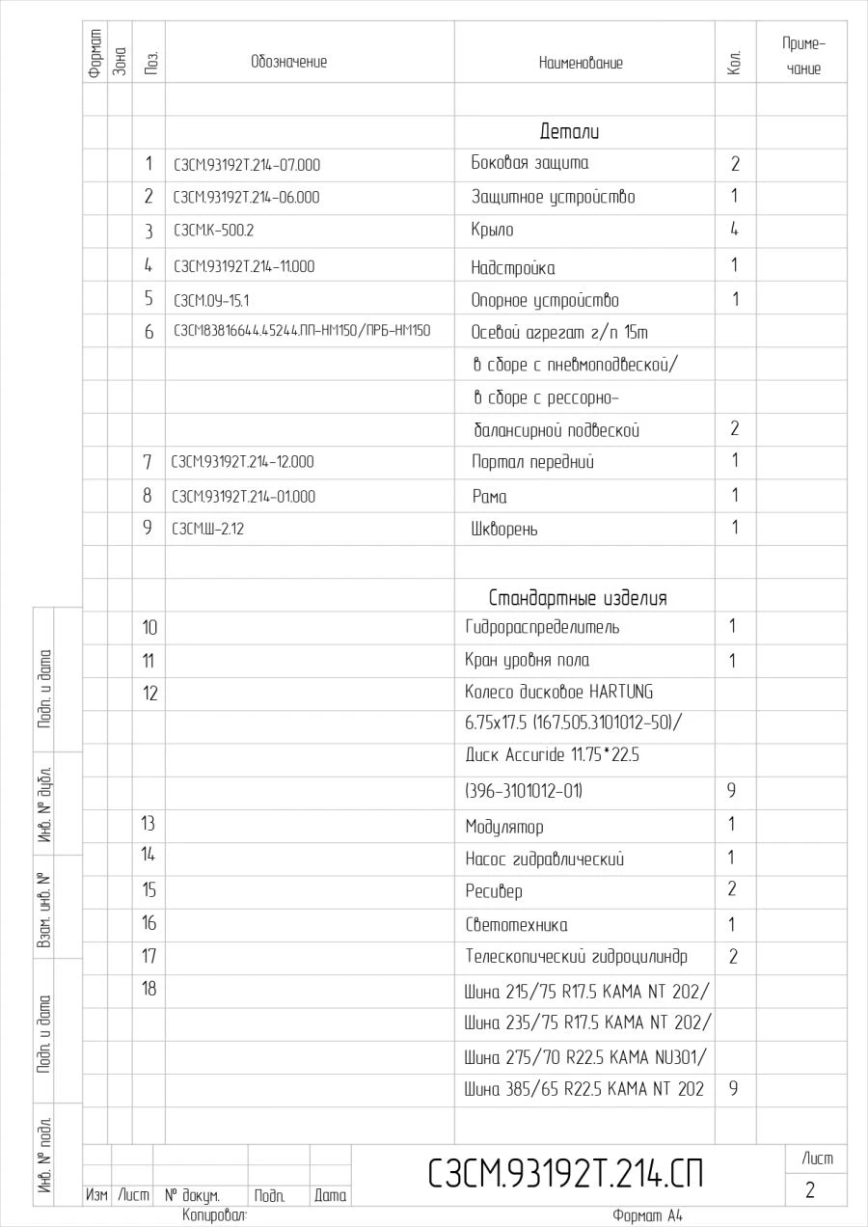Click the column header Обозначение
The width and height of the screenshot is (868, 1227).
pyautogui.click(x=289, y=62)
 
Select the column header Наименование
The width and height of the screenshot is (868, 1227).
pyautogui.click(x=581, y=63)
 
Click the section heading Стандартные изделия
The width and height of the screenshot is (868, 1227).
pyautogui.click(x=578, y=598)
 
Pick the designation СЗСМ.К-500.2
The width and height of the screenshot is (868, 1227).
pyautogui.click(x=213, y=231)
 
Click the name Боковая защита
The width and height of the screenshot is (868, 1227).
pyautogui.click(x=529, y=163)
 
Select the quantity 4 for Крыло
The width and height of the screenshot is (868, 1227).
pyautogui.click(x=734, y=231)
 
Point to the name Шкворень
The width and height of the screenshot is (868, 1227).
pyautogui.click(x=504, y=530)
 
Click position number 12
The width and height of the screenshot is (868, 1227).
pyautogui.click(x=149, y=694)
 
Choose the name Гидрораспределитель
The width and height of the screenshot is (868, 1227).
pyautogui.click(x=542, y=628)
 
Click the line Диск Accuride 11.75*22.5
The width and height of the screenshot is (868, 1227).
pyautogui.click(x=552, y=755)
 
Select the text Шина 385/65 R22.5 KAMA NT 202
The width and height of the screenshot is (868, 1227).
pyautogui.click(x=584, y=1089)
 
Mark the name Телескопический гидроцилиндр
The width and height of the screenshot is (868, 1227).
pyautogui.click(x=577, y=957)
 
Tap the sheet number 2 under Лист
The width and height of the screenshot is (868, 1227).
pyautogui.click(x=810, y=1190)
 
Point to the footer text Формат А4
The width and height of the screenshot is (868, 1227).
pyautogui.click(x=647, y=1216)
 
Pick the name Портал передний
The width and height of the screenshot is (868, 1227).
pyautogui.click(x=532, y=462)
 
